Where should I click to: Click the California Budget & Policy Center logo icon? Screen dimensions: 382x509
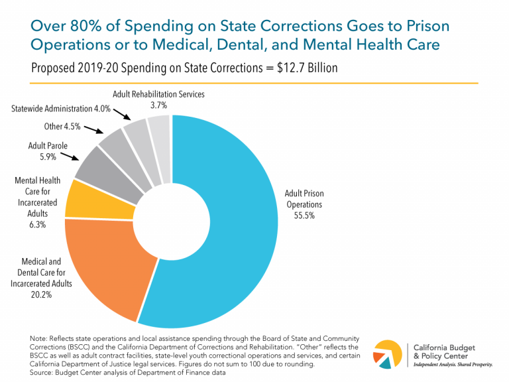pos(388,354)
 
